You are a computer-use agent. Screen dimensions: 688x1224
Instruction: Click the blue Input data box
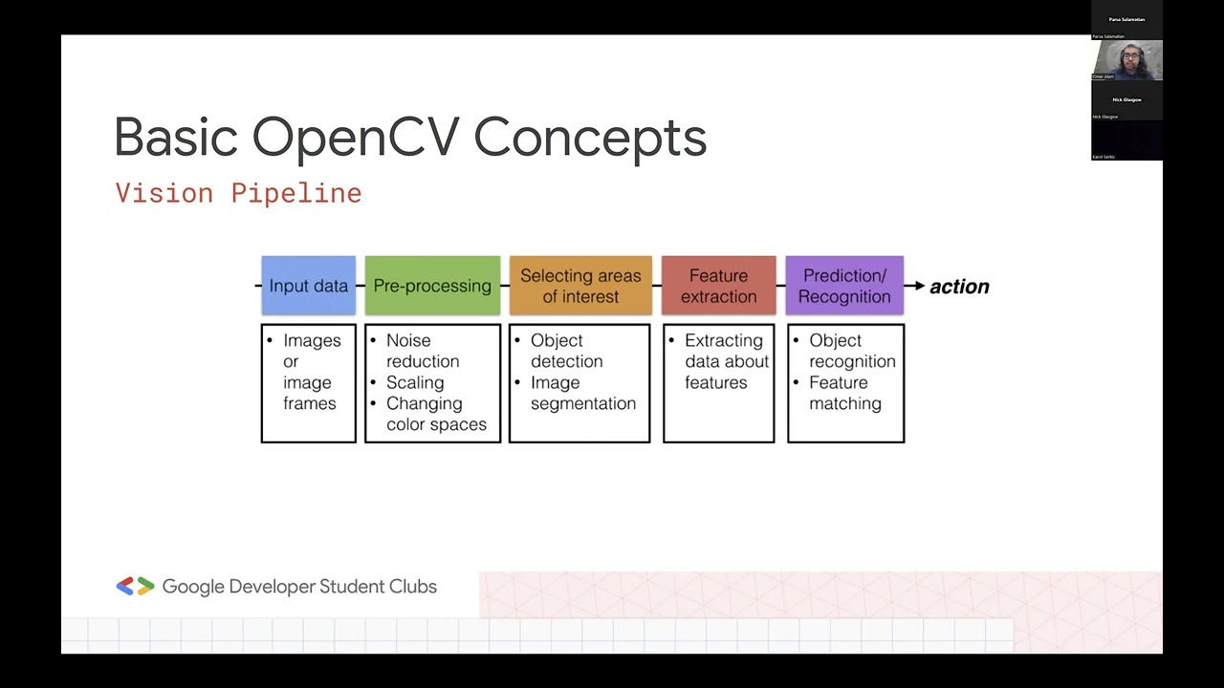click(x=308, y=286)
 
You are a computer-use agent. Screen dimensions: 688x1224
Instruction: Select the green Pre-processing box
click(x=432, y=286)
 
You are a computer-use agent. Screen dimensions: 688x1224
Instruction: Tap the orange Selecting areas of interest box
click(x=580, y=286)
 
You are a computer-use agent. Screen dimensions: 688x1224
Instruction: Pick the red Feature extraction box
click(x=718, y=286)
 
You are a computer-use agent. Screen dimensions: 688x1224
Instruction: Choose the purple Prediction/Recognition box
click(x=844, y=286)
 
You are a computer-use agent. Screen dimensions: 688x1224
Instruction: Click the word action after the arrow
click(x=959, y=287)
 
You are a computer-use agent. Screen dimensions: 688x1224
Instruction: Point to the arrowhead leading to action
click(x=919, y=286)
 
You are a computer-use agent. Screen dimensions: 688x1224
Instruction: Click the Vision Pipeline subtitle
click(x=238, y=193)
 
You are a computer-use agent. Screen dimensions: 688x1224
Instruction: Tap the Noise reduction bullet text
click(x=423, y=351)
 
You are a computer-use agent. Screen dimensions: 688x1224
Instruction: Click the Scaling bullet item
click(x=415, y=382)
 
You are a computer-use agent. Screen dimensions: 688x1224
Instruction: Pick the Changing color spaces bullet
click(x=435, y=414)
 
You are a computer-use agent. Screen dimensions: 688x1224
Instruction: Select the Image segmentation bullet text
click(x=582, y=393)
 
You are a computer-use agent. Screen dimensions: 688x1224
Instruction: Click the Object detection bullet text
click(x=566, y=351)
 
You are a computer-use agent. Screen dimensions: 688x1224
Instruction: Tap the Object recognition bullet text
click(x=851, y=351)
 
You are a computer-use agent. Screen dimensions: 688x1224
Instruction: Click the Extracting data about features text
click(x=726, y=361)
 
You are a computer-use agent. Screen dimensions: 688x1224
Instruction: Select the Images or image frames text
click(x=311, y=372)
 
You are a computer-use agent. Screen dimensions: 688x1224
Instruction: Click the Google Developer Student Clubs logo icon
click(x=135, y=587)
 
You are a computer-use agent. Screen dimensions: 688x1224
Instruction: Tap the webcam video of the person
click(x=1126, y=59)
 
